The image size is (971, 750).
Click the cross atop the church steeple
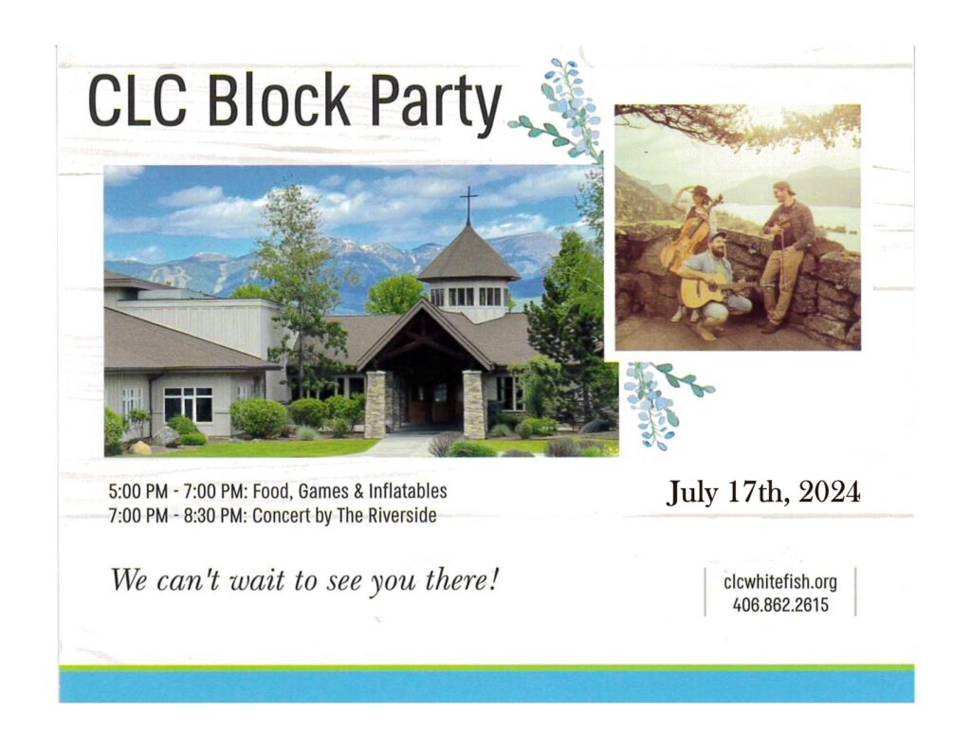click(x=468, y=202)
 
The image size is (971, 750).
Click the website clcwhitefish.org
click(x=779, y=582)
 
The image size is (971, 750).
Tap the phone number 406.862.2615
click(x=779, y=604)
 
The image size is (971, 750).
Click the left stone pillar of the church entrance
click(x=376, y=404)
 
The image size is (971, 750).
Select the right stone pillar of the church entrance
click(x=473, y=405)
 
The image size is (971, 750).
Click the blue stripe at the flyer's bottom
click(x=485, y=686)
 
